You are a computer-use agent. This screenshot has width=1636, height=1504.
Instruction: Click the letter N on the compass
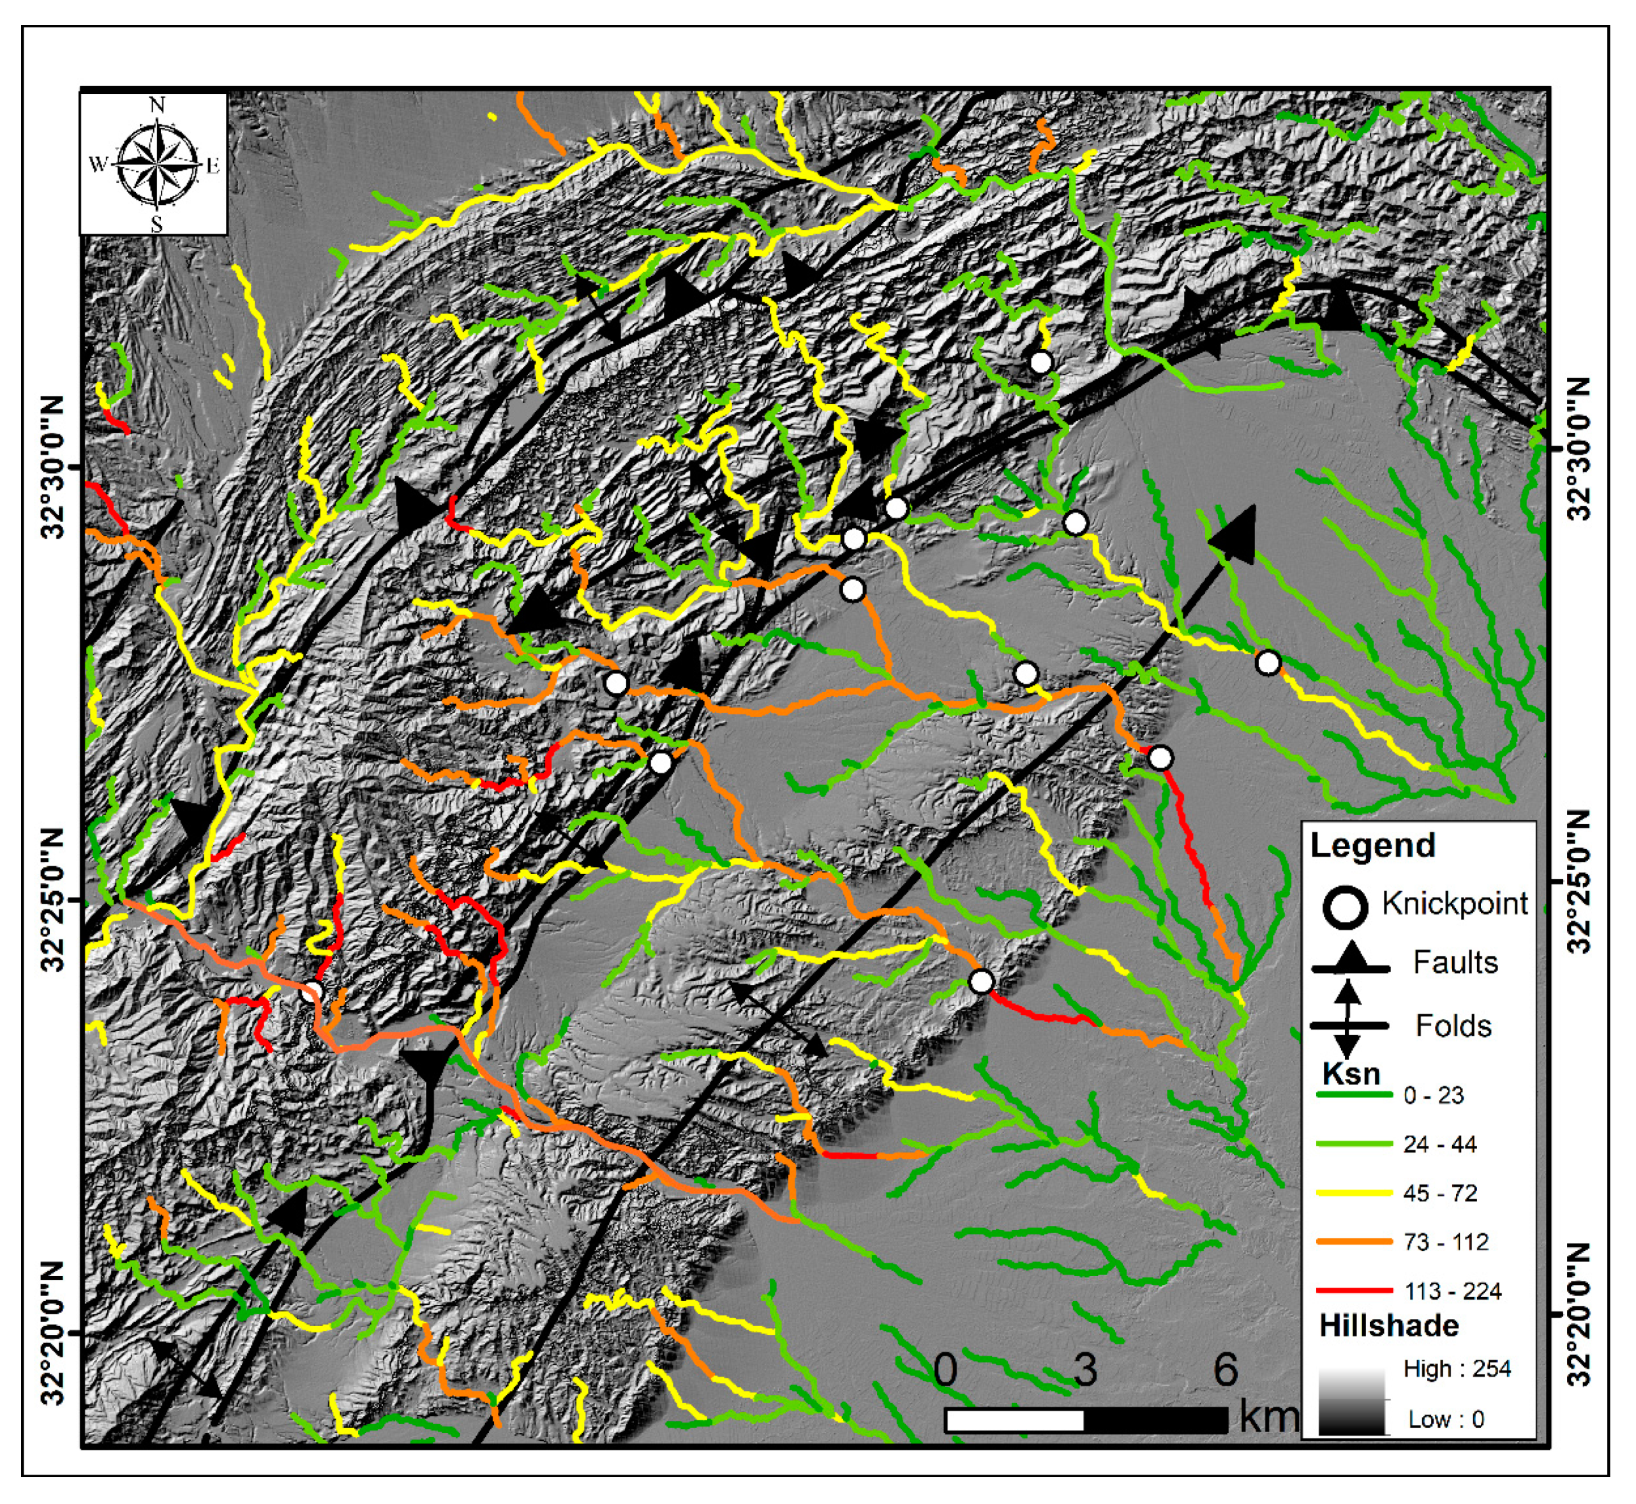157,105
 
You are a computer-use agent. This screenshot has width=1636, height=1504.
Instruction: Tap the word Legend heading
1372,846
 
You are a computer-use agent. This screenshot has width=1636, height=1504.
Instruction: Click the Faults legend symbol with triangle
1350,962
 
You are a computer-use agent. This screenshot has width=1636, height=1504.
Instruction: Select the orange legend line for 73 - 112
1354,1241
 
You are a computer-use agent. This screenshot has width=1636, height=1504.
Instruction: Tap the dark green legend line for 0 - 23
1354,1095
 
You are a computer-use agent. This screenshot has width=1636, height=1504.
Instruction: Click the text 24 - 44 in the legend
1440,1144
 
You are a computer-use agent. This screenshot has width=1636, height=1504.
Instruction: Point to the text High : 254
1457,1369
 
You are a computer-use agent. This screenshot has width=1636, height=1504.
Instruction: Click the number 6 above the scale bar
1226,1371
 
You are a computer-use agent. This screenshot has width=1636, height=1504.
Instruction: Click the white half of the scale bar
1014,1421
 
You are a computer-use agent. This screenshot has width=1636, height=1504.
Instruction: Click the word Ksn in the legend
1351,1074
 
